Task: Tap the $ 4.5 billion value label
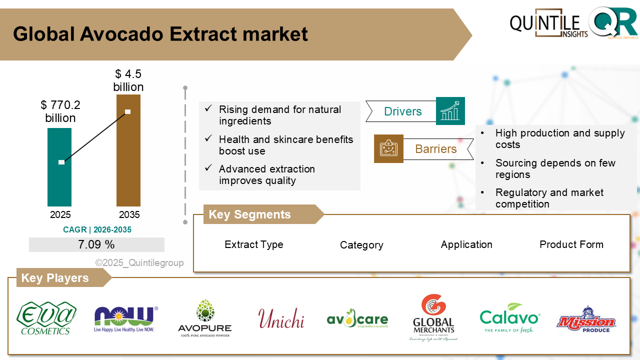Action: click(x=128, y=80)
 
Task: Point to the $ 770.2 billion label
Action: click(x=60, y=111)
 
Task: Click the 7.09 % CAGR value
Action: click(x=96, y=244)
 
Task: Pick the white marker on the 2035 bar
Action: click(x=127, y=111)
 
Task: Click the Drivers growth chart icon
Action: click(x=450, y=111)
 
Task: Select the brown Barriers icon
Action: click(x=388, y=148)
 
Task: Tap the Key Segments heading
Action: click(x=250, y=214)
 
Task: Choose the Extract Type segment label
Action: click(x=254, y=244)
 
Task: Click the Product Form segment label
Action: click(x=571, y=244)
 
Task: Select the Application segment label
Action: click(x=466, y=244)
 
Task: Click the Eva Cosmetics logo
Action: click(x=46, y=318)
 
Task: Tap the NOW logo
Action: click(x=125, y=318)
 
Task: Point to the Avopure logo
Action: click(x=204, y=318)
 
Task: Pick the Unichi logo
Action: click(x=281, y=318)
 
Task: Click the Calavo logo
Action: click(x=509, y=318)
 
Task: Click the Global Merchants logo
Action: click(x=433, y=318)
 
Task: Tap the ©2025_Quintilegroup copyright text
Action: click(x=139, y=263)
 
